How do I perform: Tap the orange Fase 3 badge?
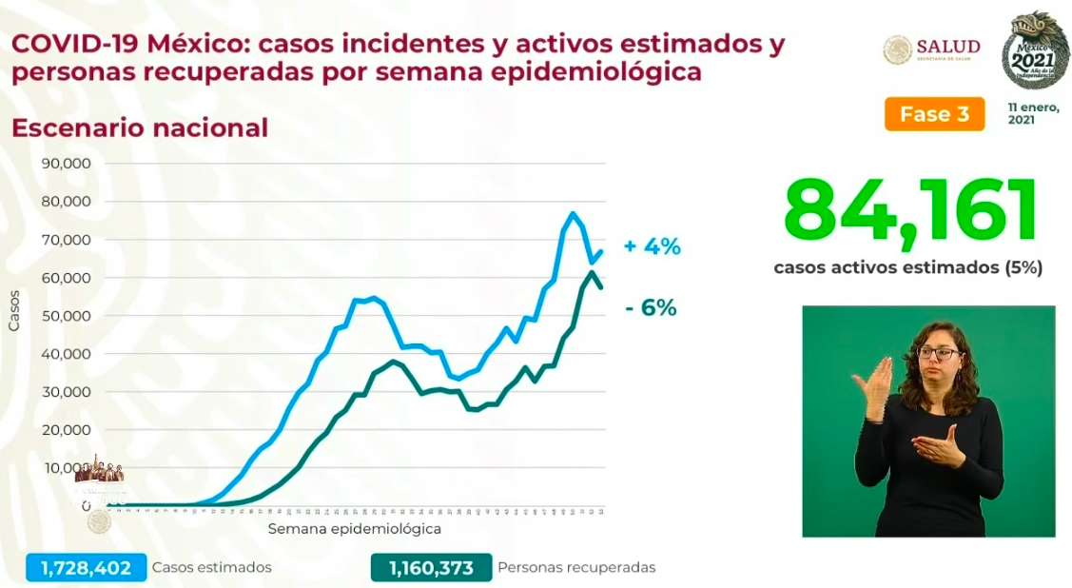click(x=934, y=114)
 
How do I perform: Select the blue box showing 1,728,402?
click(x=87, y=567)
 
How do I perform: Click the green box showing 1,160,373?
click(x=431, y=567)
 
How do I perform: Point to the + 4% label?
click(x=653, y=246)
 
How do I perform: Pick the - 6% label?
click(x=652, y=307)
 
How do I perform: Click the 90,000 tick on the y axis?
click(x=68, y=164)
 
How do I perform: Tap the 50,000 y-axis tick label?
click(x=68, y=316)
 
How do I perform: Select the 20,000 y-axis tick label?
click(x=68, y=430)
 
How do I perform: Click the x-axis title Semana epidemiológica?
click(x=354, y=527)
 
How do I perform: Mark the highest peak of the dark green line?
click(x=592, y=272)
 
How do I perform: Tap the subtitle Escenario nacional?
click(x=139, y=127)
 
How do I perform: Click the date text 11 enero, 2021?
click(x=1033, y=114)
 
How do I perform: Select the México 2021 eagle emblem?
click(x=1035, y=49)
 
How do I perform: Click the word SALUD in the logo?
click(x=947, y=48)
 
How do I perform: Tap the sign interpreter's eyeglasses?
click(x=938, y=353)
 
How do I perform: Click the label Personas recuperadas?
click(x=576, y=567)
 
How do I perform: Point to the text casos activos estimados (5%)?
click(x=907, y=268)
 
